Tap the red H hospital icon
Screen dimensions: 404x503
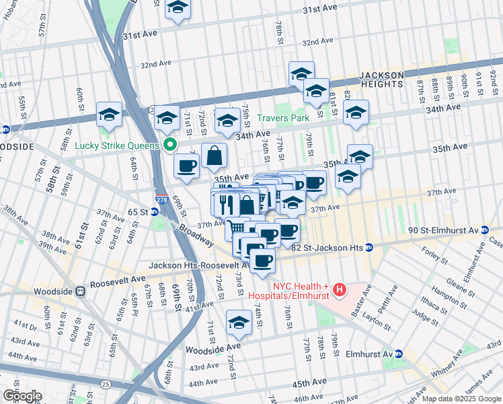(x=340, y=291)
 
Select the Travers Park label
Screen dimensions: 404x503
(x=283, y=118)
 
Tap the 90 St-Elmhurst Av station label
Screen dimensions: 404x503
(x=434, y=231)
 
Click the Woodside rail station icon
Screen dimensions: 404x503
(x=80, y=291)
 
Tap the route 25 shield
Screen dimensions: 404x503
(x=106, y=384)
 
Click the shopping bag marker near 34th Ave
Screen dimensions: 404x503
(x=213, y=156)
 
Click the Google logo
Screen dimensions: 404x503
(x=22, y=396)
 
